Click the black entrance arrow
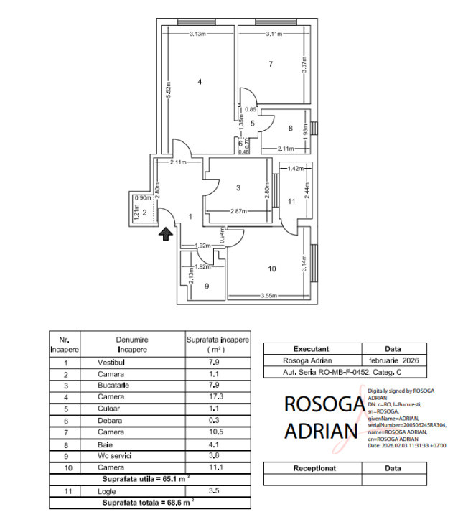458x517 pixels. tap(165, 233)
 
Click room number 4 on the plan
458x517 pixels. tap(201, 83)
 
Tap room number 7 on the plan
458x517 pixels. tap(271, 65)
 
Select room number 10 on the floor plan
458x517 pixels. tap(272, 269)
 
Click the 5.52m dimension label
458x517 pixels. tap(167, 89)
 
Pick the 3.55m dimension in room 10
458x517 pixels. tap(270, 294)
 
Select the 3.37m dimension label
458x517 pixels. tap(304, 66)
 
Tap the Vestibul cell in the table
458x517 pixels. tap(111, 363)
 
